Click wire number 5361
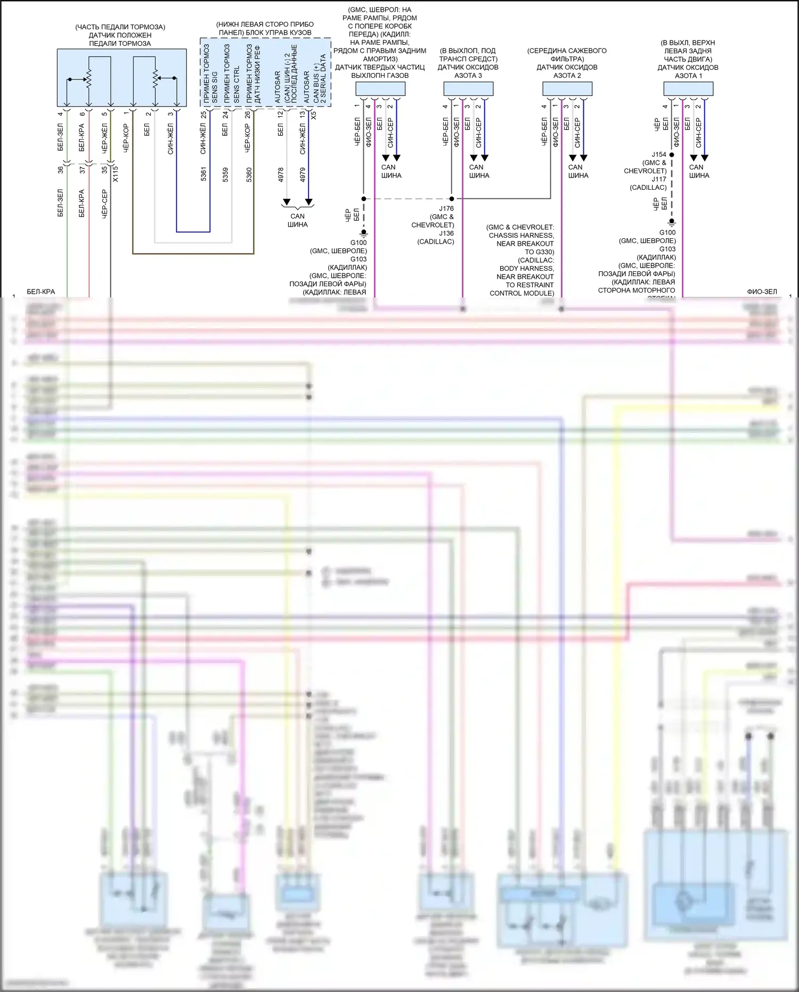(203, 174)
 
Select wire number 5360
(249, 174)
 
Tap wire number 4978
(281, 174)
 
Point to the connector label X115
(116, 174)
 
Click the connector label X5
(313, 115)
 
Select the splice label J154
(659, 155)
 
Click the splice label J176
(446, 208)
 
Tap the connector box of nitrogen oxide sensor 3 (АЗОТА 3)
(469, 88)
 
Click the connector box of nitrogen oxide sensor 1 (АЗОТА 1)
(688, 89)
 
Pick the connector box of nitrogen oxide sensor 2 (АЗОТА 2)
(567, 88)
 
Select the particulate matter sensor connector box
(380, 88)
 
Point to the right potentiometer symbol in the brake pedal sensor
(155, 78)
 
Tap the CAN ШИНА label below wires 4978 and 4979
(297, 220)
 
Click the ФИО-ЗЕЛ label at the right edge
(762, 292)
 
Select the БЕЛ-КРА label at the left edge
(41, 292)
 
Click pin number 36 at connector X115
(61, 170)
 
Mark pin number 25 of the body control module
(203, 114)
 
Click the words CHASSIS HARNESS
(521, 235)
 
